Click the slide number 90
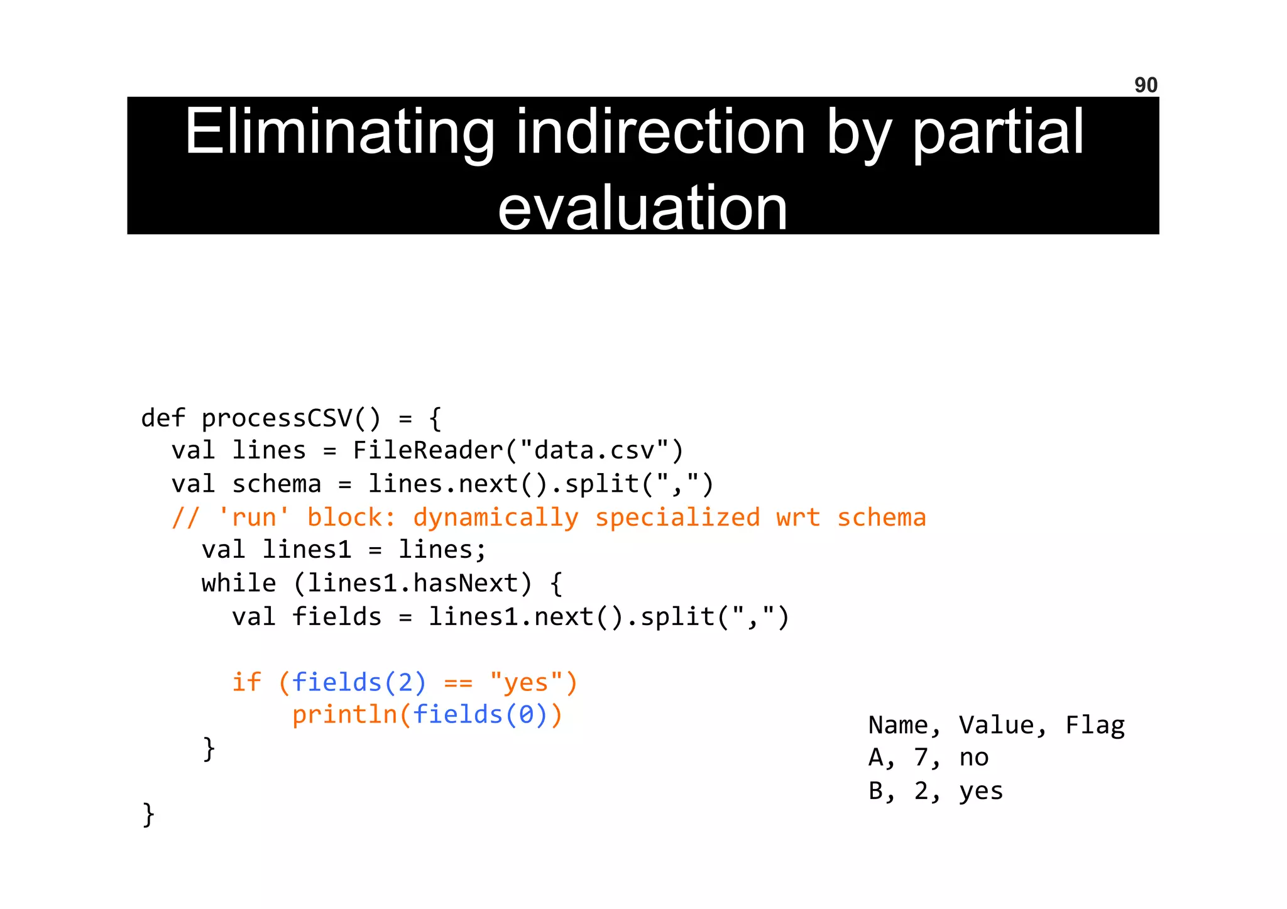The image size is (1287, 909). click(x=1145, y=85)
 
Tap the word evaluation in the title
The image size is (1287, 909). click(x=642, y=208)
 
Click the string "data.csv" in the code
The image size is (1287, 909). click(x=594, y=451)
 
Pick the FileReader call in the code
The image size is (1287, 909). click(x=427, y=451)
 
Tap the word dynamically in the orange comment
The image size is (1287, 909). click(x=495, y=518)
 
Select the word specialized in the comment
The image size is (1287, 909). click(x=677, y=518)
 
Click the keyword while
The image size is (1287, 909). click(x=238, y=584)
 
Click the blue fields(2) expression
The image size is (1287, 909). click(x=359, y=682)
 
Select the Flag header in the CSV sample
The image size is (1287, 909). click(x=1094, y=726)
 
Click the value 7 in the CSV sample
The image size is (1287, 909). click(x=921, y=758)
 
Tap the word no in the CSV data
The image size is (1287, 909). click(x=973, y=758)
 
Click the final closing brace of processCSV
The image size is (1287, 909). click(x=148, y=815)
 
